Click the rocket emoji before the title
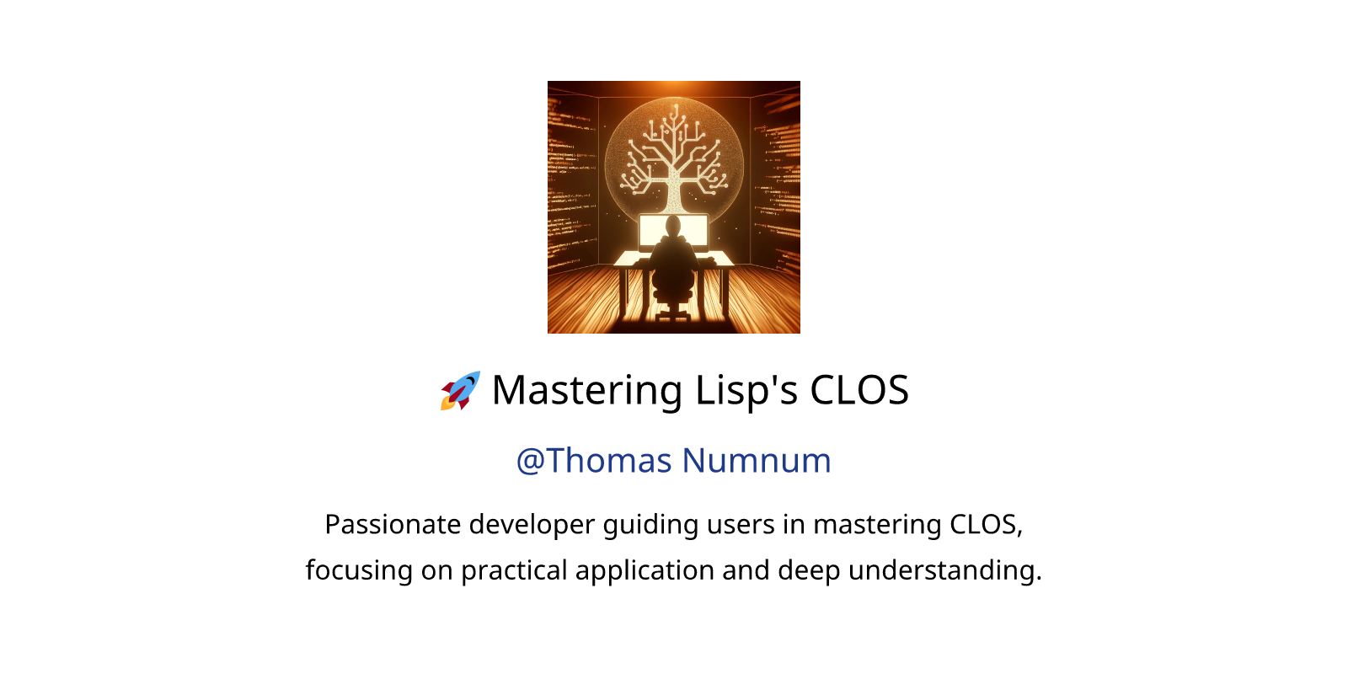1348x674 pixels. point(460,391)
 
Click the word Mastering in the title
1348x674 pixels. point(586,391)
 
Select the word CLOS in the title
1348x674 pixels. point(859,390)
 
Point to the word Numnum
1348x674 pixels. point(757,462)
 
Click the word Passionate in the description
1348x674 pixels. point(393,524)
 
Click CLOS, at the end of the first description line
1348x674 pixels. point(987,525)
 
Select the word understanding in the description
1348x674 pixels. point(944,570)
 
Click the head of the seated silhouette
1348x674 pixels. point(672,227)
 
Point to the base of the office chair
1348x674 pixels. point(673,313)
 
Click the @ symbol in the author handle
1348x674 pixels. point(530,462)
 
